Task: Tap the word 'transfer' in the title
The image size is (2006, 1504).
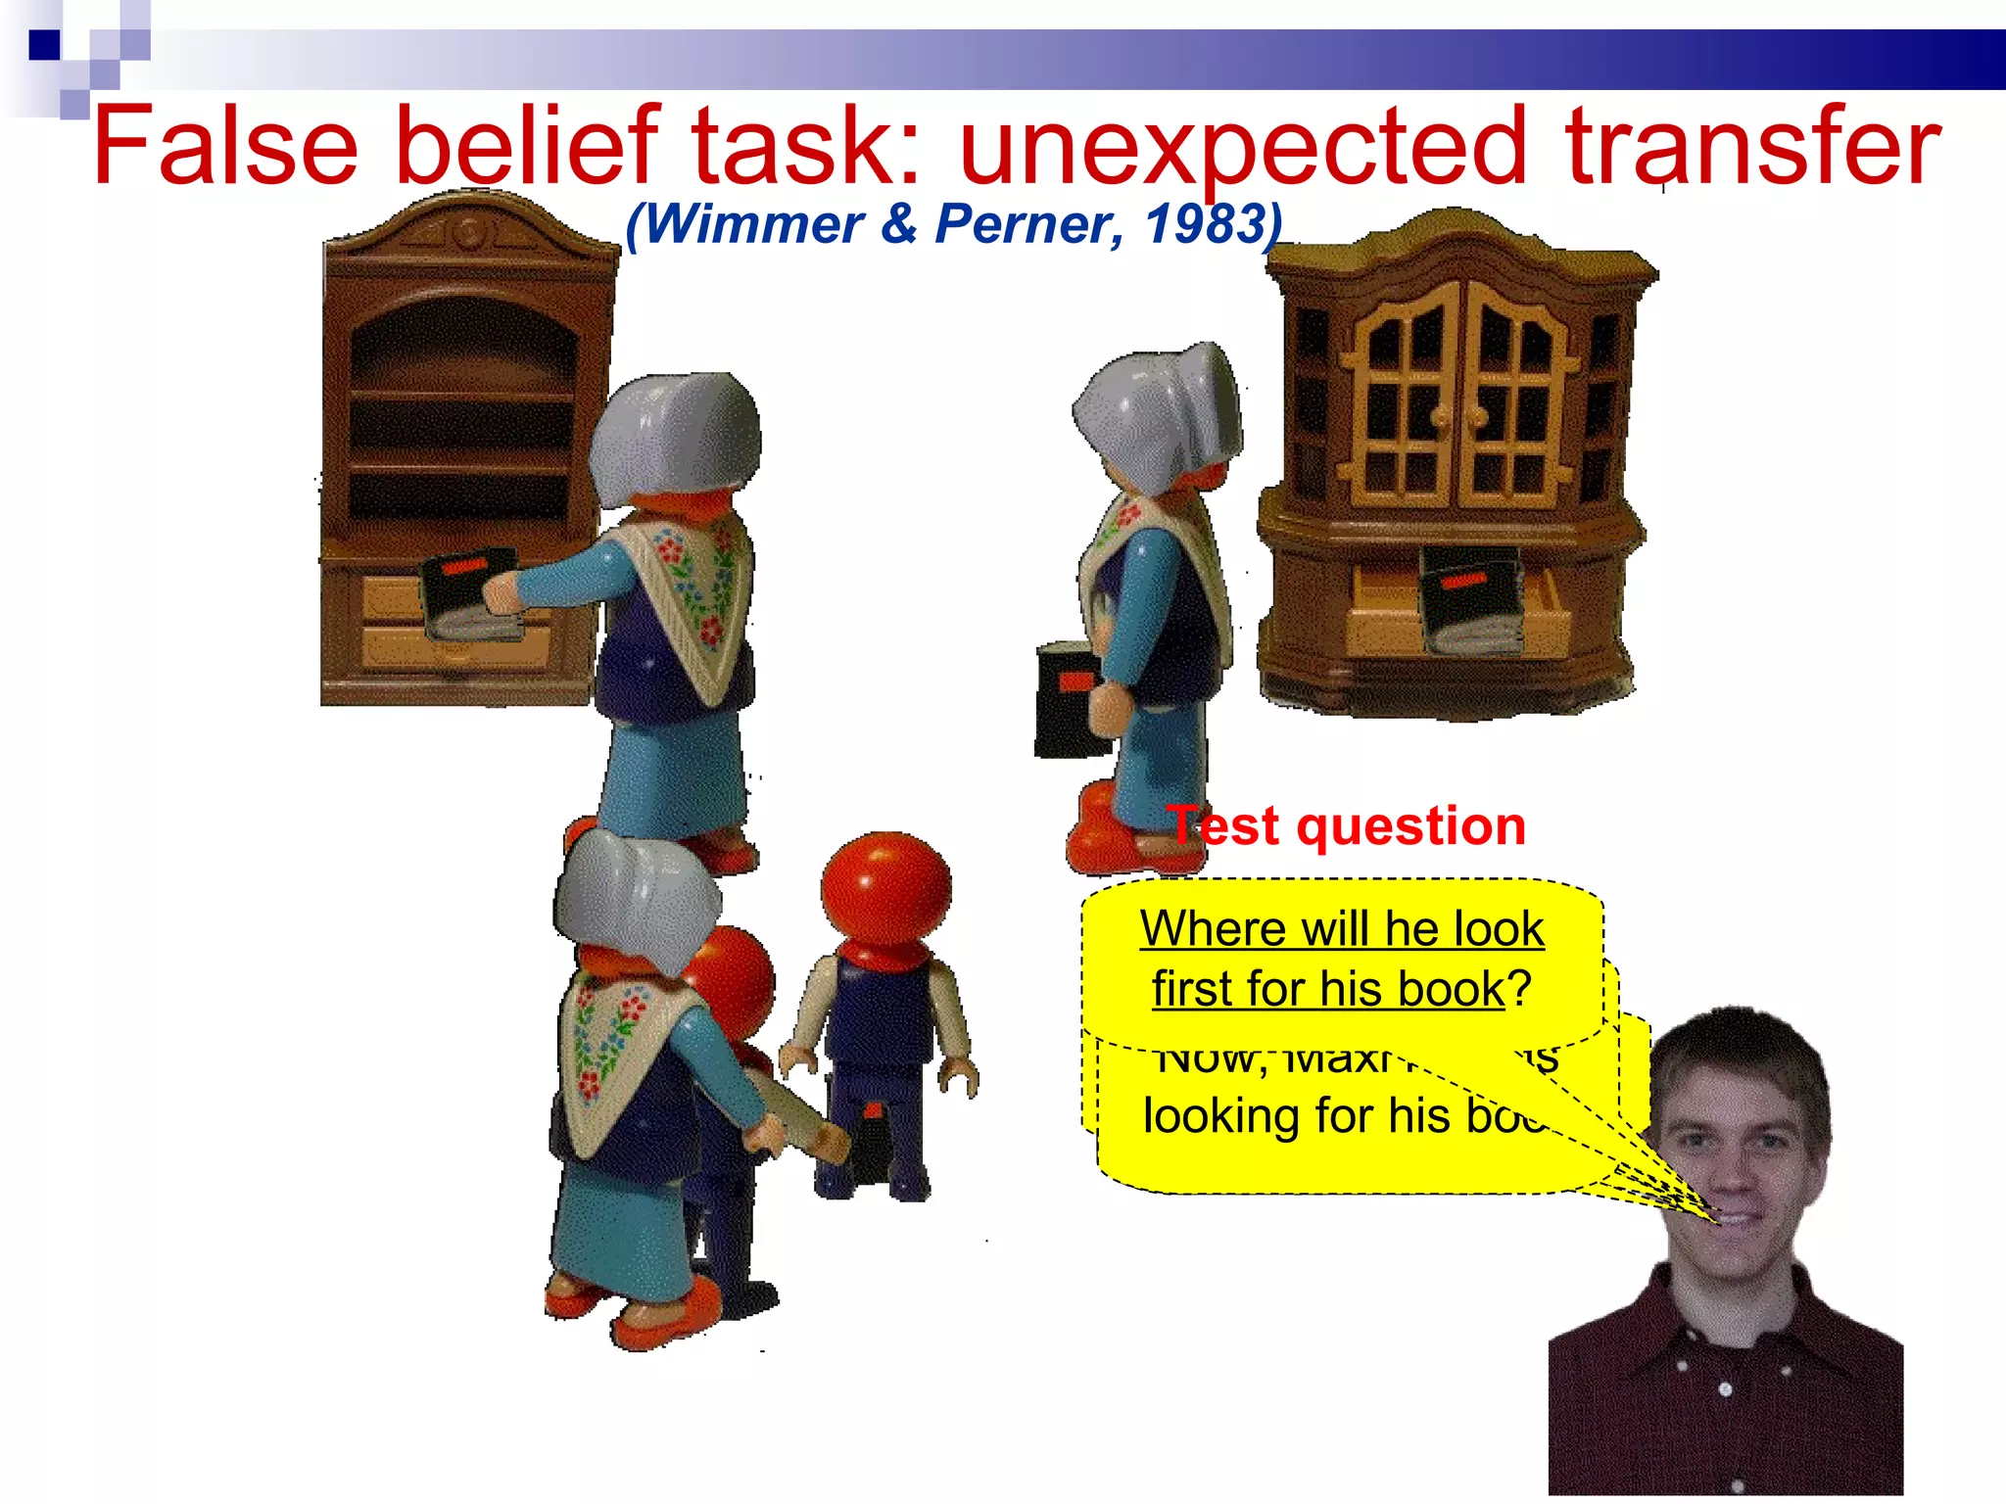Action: pyautogui.click(x=1752, y=147)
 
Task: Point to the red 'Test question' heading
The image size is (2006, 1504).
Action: pyautogui.click(x=1347, y=825)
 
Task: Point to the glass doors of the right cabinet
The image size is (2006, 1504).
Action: pyautogui.click(x=1459, y=392)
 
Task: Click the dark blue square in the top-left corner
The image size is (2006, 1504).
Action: pyautogui.click(x=44, y=45)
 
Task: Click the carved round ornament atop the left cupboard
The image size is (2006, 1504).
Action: pyautogui.click(x=468, y=232)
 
